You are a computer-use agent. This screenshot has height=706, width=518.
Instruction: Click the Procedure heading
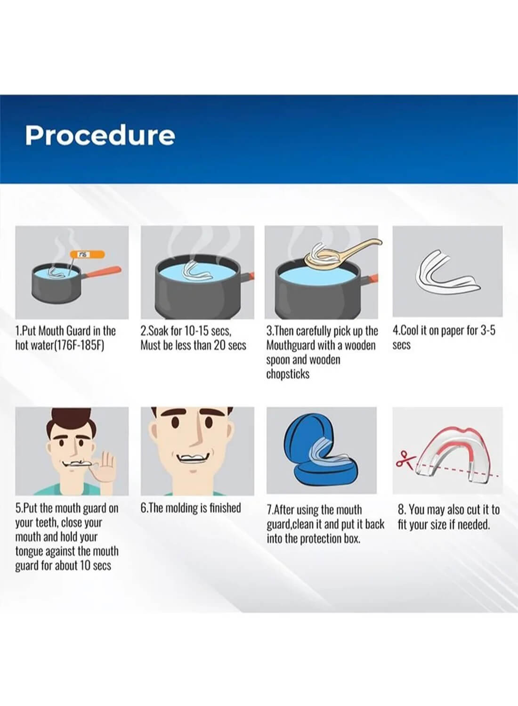pyautogui.click(x=100, y=136)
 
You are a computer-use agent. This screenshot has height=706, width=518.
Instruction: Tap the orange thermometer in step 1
pyautogui.click(x=87, y=254)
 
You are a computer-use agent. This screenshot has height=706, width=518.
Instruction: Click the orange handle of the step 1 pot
pyautogui.click(x=102, y=272)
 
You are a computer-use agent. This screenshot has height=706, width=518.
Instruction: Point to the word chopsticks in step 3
pyautogui.click(x=288, y=375)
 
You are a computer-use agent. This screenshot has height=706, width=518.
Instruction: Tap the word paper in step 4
pyautogui.click(x=450, y=331)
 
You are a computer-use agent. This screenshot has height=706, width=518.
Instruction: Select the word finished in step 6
pyautogui.click(x=223, y=508)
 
